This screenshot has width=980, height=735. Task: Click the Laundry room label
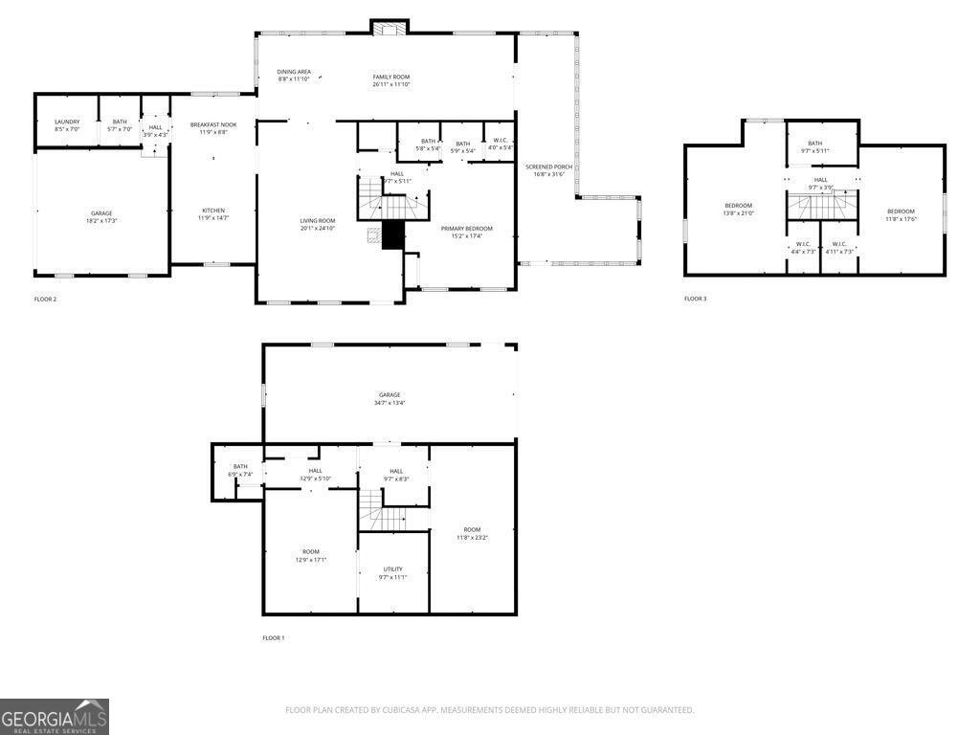click(x=67, y=125)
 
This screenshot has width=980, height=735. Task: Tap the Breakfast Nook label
click(x=212, y=128)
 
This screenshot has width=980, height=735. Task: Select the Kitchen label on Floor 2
click(x=213, y=214)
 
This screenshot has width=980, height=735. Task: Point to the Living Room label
click(x=318, y=225)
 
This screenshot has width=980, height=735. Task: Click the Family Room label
click(x=390, y=80)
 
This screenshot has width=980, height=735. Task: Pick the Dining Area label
click(x=294, y=76)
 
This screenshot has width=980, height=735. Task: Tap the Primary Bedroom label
click(x=466, y=233)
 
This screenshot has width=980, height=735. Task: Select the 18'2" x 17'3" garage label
click(x=101, y=217)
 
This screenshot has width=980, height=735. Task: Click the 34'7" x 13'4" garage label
click(x=390, y=399)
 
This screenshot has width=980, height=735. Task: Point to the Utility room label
click(x=392, y=573)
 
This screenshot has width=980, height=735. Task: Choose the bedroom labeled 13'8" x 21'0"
click(x=738, y=210)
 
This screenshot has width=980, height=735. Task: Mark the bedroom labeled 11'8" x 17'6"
click(x=901, y=215)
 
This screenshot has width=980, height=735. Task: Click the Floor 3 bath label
click(x=814, y=146)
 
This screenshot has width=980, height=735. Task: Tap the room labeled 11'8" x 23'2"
click(x=472, y=534)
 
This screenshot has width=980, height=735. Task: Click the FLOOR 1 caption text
click(x=274, y=638)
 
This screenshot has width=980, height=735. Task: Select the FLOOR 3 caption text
click(x=695, y=300)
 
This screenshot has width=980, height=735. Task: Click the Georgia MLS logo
click(x=55, y=717)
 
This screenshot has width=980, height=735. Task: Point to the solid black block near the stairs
click(x=392, y=235)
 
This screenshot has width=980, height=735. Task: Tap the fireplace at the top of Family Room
click(x=390, y=28)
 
